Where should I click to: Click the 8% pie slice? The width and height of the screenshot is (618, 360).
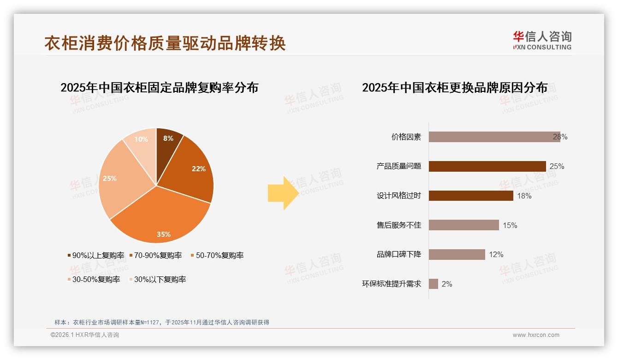(x=167, y=143)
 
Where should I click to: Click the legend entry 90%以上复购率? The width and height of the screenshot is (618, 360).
(x=95, y=255)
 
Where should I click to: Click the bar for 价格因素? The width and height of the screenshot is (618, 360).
(x=493, y=137)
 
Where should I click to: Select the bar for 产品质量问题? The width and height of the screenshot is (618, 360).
(x=487, y=166)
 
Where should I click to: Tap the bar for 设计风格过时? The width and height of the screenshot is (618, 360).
(x=470, y=196)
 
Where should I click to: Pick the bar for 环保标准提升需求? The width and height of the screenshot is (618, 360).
(x=433, y=284)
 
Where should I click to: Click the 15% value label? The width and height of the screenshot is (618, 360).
(x=510, y=225)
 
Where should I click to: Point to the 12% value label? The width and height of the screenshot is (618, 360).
(x=496, y=254)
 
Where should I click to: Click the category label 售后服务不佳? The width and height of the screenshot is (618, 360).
(x=399, y=225)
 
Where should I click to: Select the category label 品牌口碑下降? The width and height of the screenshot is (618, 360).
(x=399, y=254)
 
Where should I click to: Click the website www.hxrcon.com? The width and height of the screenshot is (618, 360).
(x=536, y=335)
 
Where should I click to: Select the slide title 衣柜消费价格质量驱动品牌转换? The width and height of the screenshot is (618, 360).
(x=165, y=43)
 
